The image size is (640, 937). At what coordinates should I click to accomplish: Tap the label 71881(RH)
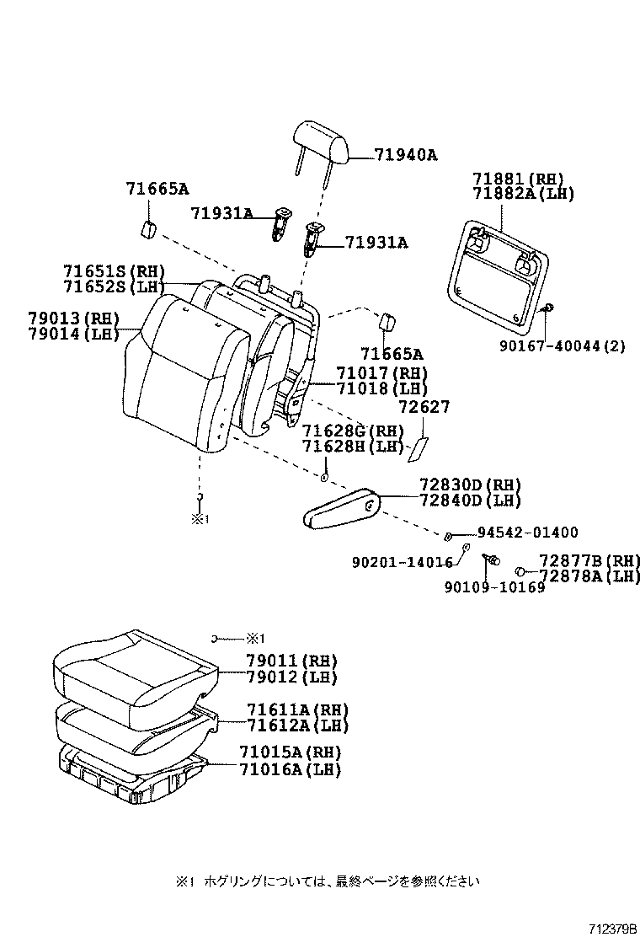[517, 179]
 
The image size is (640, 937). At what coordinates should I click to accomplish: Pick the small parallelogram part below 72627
[419, 450]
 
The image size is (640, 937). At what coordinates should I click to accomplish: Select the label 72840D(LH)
[470, 501]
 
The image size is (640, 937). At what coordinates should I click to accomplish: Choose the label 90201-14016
[402, 562]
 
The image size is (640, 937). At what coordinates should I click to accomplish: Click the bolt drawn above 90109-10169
[490, 560]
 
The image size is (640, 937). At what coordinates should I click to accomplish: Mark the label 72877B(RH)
[589, 560]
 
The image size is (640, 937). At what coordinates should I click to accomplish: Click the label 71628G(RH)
[354, 431]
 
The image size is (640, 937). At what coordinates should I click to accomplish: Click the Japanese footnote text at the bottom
[328, 881]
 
